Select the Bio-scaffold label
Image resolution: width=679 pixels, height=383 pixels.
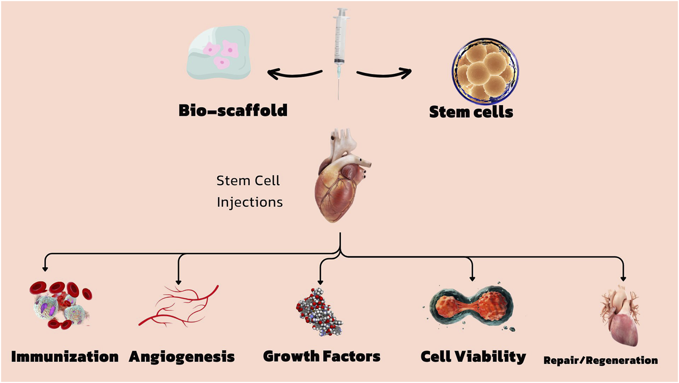[233, 111]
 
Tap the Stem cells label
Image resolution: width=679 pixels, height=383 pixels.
[471, 112]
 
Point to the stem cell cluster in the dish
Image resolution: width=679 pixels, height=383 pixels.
[485, 70]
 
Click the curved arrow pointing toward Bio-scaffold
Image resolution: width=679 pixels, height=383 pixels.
[294, 74]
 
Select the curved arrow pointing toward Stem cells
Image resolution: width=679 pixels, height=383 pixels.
[384, 73]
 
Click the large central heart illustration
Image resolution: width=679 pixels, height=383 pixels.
[342, 180]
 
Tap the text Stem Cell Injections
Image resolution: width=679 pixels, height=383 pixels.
[249, 191]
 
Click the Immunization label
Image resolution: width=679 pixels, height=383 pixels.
[65, 357]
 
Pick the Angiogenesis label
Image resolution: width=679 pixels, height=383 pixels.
[182, 357]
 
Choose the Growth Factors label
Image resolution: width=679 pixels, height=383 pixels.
[322, 356]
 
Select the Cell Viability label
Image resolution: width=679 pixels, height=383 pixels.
[473, 357]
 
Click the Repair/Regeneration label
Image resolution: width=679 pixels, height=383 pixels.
[600, 360]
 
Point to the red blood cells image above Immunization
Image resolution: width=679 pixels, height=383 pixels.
[60, 305]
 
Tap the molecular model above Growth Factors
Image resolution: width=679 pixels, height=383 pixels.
[319, 312]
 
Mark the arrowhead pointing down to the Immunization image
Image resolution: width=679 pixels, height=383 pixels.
[45, 269]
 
